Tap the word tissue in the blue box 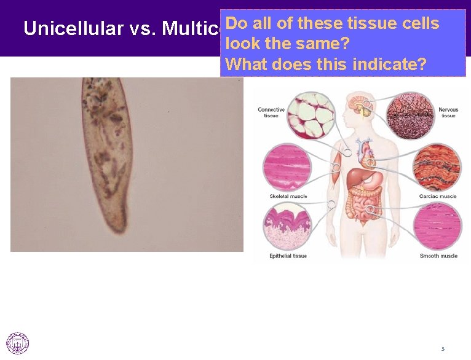coord(372,23)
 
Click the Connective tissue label coord(271,112)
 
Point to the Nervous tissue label coord(448,112)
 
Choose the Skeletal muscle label coord(288,197)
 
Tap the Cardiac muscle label coord(438,197)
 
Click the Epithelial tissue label coord(288,256)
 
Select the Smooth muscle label coord(438,256)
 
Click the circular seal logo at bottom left coord(17,343)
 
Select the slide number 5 coord(442,349)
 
